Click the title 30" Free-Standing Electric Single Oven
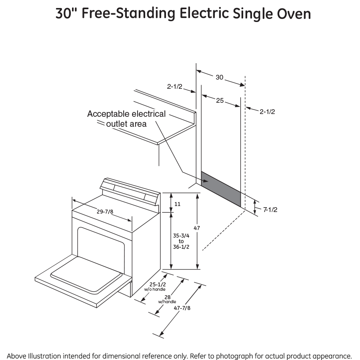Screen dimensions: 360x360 [x=183, y=14]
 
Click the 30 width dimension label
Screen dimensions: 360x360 [x=220, y=77]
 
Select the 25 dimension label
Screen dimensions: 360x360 [x=220, y=100]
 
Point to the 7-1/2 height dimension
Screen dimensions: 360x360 [x=270, y=209]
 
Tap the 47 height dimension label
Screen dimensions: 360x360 [x=196, y=228]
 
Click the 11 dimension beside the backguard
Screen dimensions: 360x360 [x=178, y=204]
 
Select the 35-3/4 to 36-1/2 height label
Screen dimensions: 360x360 [x=181, y=241]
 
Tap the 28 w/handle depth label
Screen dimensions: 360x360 [x=167, y=299]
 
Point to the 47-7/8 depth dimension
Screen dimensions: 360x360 [x=183, y=308]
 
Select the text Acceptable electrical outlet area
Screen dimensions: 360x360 [x=126, y=119]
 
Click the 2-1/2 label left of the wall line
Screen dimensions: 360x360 [x=175, y=86]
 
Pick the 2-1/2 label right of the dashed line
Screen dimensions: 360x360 [x=267, y=112]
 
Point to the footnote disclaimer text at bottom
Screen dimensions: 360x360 [x=180, y=356]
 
